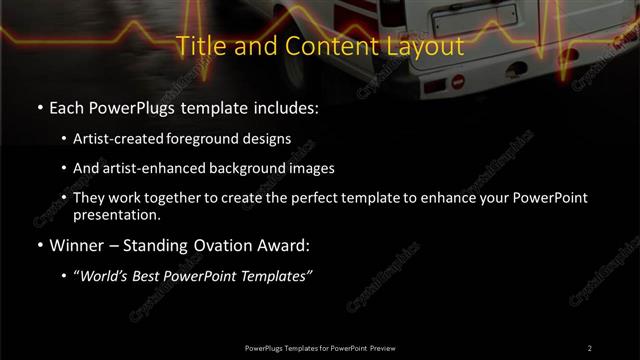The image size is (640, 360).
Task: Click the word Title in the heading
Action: point(199,46)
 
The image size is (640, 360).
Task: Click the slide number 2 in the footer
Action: point(589,348)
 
